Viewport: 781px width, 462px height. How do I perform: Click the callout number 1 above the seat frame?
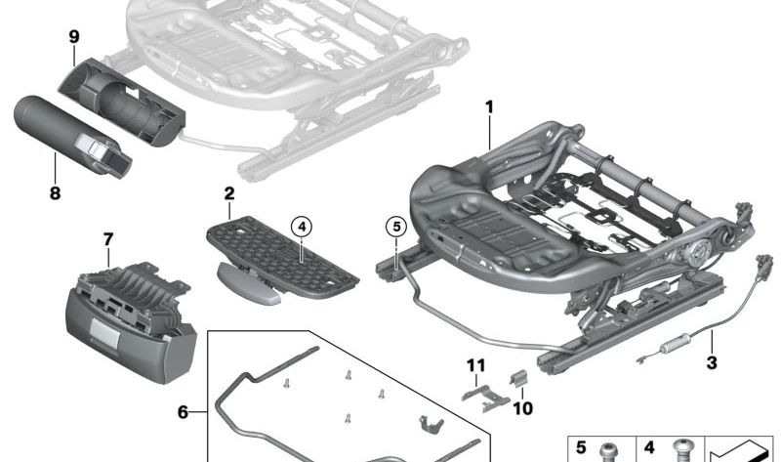click(490, 107)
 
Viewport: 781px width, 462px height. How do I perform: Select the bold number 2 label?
click(229, 193)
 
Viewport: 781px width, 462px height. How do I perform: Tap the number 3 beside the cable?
click(712, 362)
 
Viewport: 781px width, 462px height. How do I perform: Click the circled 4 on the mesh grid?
click(302, 228)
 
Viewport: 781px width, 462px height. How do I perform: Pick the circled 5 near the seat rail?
click(396, 227)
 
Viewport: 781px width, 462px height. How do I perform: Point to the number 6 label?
click(183, 412)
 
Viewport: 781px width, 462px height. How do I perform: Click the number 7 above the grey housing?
click(108, 239)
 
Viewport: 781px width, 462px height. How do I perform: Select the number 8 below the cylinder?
click(55, 192)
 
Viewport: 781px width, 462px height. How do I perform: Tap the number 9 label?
click(74, 36)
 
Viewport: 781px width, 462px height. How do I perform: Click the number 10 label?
click(522, 408)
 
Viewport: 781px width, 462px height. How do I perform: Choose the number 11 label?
click(475, 365)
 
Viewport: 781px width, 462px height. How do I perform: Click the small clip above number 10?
click(518, 378)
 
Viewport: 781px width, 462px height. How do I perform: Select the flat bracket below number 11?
click(485, 399)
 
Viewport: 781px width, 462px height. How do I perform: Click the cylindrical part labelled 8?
click(72, 135)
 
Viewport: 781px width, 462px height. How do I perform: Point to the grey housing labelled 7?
click(131, 322)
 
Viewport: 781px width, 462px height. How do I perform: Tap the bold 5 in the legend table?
click(581, 447)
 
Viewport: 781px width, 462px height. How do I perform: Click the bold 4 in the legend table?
click(649, 447)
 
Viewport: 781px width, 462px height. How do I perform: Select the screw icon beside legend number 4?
click(682, 450)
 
